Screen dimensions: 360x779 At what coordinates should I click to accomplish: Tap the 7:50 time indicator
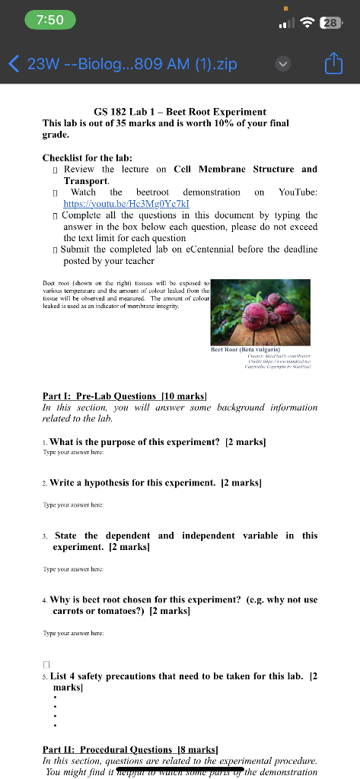click(x=49, y=21)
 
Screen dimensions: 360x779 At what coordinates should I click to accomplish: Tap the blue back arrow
click(x=13, y=64)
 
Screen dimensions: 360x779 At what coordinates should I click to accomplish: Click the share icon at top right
click(x=334, y=64)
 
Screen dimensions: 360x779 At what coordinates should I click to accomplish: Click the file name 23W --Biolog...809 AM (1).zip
click(x=132, y=64)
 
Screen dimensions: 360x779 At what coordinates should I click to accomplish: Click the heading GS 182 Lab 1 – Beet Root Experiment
click(x=180, y=112)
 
